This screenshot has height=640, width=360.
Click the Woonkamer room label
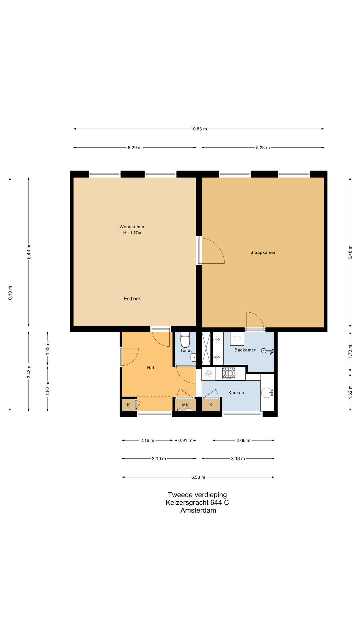click(x=132, y=227)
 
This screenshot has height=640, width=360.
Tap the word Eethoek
click(x=132, y=299)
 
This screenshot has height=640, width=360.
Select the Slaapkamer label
click(x=263, y=252)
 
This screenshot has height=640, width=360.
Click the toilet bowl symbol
click(x=185, y=339)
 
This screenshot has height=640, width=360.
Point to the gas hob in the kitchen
click(x=229, y=373)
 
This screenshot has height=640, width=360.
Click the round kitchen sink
click(x=267, y=393)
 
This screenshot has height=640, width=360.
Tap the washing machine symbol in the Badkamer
click(x=237, y=339)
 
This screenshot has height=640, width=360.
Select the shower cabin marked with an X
click(x=207, y=348)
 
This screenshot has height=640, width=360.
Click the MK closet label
click(x=185, y=405)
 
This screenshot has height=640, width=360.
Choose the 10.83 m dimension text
click(x=199, y=129)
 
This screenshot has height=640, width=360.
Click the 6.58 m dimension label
click(x=198, y=477)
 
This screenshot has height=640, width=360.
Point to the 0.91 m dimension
click(x=185, y=440)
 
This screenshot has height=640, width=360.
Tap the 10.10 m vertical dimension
click(x=10, y=294)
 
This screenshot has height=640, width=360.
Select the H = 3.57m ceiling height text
click(x=132, y=233)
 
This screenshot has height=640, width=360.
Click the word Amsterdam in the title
click(x=198, y=510)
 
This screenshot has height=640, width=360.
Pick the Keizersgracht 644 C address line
click(x=197, y=502)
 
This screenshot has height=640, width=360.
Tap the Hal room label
click(x=150, y=368)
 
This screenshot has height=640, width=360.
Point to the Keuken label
click(x=236, y=393)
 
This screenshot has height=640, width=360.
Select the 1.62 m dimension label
click(x=350, y=392)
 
